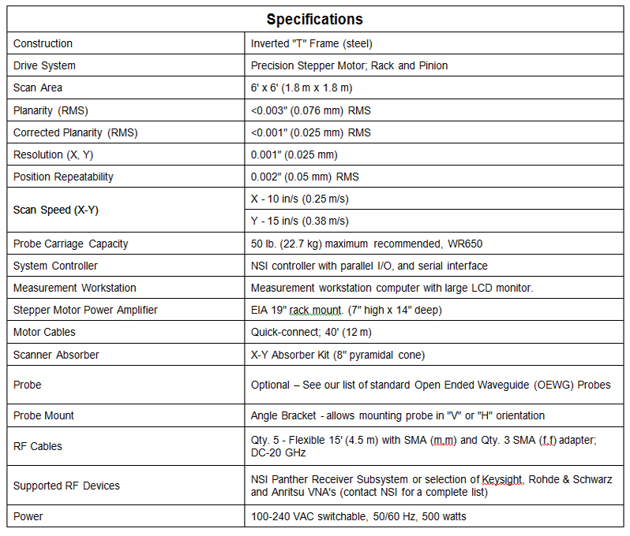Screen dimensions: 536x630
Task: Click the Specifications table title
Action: click(314, 19)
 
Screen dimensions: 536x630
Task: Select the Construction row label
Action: click(43, 43)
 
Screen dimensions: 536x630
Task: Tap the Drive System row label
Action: click(44, 65)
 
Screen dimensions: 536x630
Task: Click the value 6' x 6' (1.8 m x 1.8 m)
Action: click(302, 87)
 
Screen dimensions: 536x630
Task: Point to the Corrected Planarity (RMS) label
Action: click(75, 132)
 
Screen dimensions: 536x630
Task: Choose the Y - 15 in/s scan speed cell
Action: click(299, 221)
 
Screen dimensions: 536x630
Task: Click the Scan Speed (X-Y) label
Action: click(56, 210)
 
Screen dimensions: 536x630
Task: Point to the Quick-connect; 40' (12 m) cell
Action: click(311, 332)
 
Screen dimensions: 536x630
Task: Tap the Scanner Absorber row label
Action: click(56, 355)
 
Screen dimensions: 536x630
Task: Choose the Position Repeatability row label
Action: click(63, 177)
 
